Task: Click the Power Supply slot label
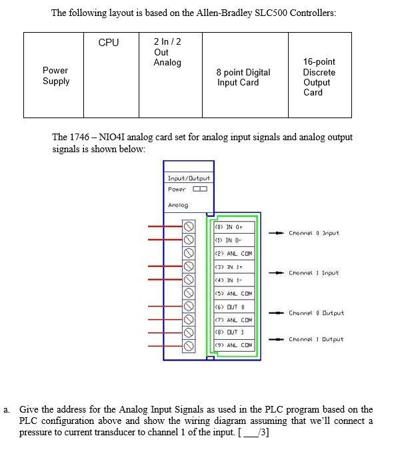pyautogui.click(x=55, y=75)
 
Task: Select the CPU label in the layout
pyautogui.click(x=109, y=43)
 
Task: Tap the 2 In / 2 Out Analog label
pyautogui.click(x=167, y=52)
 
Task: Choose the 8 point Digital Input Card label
pyautogui.click(x=243, y=77)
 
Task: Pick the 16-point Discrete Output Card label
pyautogui.click(x=319, y=77)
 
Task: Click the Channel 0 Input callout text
pyautogui.click(x=313, y=233)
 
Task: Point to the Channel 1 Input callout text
pyautogui.click(x=313, y=272)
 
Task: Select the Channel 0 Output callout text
pyautogui.click(x=316, y=312)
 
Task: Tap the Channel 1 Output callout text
pyautogui.click(x=316, y=339)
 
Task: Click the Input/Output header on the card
pyautogui.click(x=189, y=178)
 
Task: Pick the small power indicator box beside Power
pyautogui.click(x=199, y=189)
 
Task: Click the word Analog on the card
pyautogui.click(x=178, y=205)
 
